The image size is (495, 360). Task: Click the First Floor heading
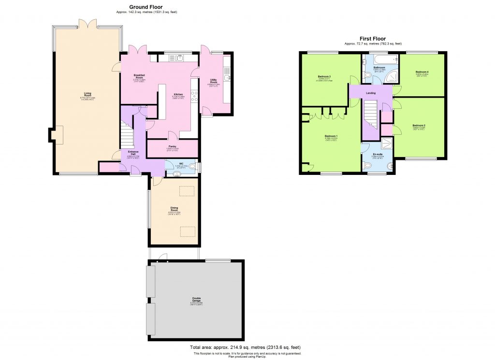pos(372,39)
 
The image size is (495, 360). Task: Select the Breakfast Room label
pos(139,76)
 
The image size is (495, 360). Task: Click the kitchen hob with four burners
pos(194,96)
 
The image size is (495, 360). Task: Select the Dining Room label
pos(174,209)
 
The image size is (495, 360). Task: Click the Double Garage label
pos(196,298)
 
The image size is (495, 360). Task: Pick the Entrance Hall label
pos(133,153)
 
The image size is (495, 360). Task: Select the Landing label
pos(371,92)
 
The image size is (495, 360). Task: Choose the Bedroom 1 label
pos(331,136)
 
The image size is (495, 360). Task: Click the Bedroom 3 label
pos(324,76)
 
